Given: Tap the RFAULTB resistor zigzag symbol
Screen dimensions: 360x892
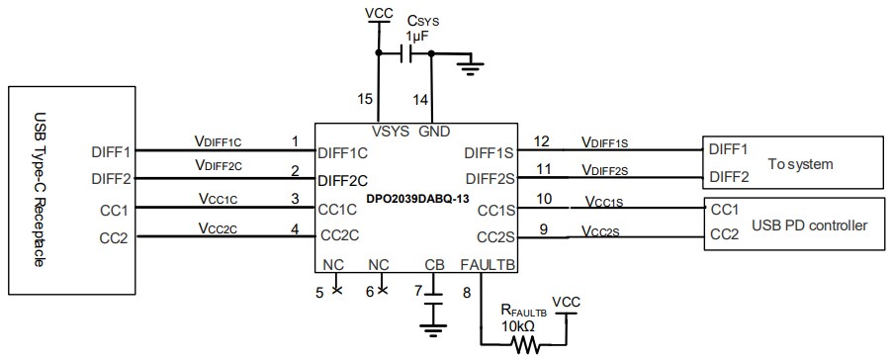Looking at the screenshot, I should click(525, 344).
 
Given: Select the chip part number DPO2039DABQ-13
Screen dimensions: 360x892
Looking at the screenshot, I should click(414, 199).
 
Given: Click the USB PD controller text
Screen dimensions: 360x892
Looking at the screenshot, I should click(809, 226).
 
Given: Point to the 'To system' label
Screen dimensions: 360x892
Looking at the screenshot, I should click(800, 164).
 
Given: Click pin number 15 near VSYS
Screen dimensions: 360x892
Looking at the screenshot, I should click(366, 99).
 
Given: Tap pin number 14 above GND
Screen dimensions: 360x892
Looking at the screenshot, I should click(421, 99).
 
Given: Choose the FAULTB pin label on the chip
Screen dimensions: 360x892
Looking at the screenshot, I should click(488, 265).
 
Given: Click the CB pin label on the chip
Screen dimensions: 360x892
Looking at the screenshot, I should click(432, 265).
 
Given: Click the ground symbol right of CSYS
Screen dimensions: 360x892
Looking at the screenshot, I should click(471, 67).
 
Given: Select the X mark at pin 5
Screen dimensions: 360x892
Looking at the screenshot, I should click(336, 290).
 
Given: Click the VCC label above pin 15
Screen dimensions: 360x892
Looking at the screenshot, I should click(377, 13).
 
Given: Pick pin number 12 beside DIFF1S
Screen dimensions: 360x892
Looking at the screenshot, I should click(542, 140).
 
